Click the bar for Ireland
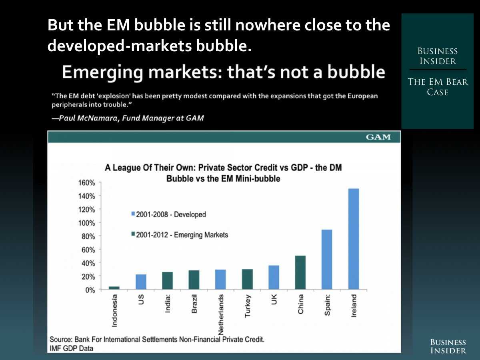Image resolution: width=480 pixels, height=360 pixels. pyautogui.click(x=353, y=239)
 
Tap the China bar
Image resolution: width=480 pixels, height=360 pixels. pyautogui.click(x=300, y=272)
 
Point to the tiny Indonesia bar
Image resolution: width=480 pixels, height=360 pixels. pyautogui.click(x=114, y=288)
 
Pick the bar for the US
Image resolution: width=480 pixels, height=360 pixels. pyautogui.click(x=141, y=282)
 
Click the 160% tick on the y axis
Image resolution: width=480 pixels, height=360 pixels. pyautogui.click(x=86, y=183)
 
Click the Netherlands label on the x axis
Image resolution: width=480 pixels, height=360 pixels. pyautogui.click(x=221, y=315)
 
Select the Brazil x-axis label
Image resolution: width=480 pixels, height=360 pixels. pyautogui.click(x=194, y=304)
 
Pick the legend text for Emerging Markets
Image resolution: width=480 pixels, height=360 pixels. pyautogui.click(x=182, y=235)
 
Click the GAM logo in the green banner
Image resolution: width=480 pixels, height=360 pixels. pyautogui.click(x=378, y=137)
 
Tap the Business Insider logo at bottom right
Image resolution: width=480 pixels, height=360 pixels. pyautogui.click(x=448, y=346)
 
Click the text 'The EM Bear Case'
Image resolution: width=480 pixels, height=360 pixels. pyautogui.click(x=438, y=87)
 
